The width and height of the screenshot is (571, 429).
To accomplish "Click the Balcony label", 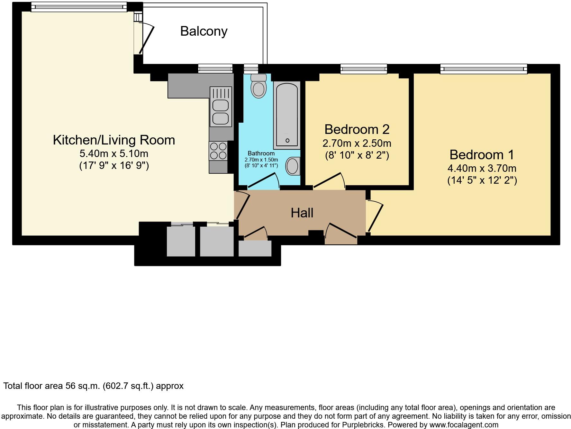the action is coord(204,31).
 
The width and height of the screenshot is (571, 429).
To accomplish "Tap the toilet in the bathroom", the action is coord(259,86).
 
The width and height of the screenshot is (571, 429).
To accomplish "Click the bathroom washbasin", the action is coord(293,166).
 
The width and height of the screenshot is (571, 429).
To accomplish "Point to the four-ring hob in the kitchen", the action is coord(218,151).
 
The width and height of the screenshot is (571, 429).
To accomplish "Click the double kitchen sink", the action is coord(221,107).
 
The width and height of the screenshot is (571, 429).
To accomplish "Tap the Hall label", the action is coord(302,213).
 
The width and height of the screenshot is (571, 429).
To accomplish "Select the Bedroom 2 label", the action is coord(357,129).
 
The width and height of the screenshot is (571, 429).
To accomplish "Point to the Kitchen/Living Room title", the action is coord(114,140).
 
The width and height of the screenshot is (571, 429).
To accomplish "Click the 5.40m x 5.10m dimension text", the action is coord(114,153).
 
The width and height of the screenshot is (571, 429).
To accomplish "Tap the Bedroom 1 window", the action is coord(484,69).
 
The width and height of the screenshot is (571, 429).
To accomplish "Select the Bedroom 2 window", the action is coord(364,69).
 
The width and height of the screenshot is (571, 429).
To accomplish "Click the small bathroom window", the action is coord(251,69).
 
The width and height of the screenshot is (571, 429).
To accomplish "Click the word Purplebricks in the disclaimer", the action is coord(360,425).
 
